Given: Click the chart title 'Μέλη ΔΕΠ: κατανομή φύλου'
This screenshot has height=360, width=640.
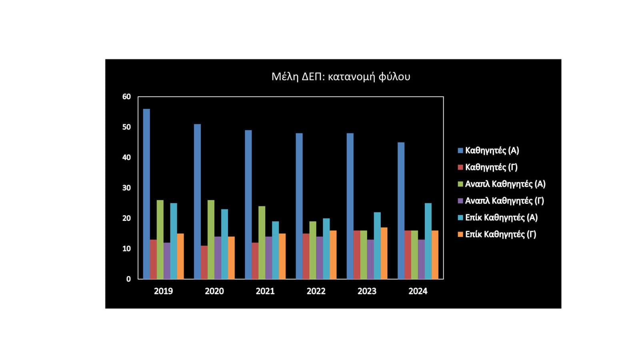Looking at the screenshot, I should [341, 76].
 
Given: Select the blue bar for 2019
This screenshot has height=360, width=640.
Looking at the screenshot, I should [146, 194].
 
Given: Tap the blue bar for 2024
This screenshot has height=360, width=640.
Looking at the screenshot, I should [401, 211].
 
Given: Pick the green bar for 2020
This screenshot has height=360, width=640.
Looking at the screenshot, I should [211, 240].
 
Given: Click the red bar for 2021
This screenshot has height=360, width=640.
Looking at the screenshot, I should [255, 261].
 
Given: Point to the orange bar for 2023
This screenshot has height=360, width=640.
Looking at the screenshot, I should [384, 253].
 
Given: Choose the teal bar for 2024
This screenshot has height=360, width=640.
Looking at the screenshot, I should [428, 241].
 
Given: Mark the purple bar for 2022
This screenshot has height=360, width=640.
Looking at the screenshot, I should [319, 258].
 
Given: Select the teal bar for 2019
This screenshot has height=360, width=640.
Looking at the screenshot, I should [174, 241].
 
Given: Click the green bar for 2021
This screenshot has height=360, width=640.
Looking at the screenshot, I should [262, 242].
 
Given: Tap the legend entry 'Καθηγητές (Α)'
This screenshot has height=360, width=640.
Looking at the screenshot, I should [492, 150].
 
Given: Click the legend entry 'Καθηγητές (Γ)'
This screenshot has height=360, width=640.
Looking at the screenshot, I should [491, 167].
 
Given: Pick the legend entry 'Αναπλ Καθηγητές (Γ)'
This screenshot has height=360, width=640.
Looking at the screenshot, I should [504, 201].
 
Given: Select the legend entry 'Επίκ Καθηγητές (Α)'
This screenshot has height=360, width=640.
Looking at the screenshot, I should [501, 218].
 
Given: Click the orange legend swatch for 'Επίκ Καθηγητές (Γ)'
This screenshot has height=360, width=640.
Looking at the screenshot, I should [460, 234].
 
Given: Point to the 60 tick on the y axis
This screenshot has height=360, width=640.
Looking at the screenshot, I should [126, 97].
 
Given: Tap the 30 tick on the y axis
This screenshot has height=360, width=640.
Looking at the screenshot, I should [126, 188].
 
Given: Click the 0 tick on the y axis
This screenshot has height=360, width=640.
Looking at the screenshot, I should [128, 279].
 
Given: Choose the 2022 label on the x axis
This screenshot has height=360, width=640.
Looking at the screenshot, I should [316, 291].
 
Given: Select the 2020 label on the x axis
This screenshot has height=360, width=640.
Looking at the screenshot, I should [214, 291].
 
